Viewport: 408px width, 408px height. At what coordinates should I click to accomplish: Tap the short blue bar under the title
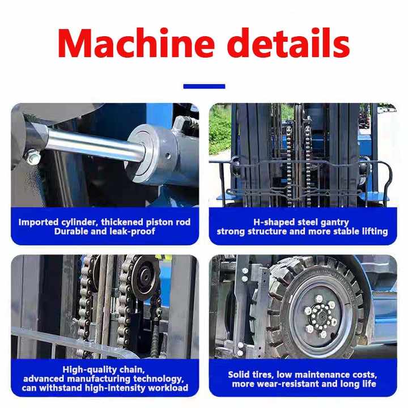click(204, 86)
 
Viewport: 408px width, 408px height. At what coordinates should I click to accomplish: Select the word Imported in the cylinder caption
click(39, 222)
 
